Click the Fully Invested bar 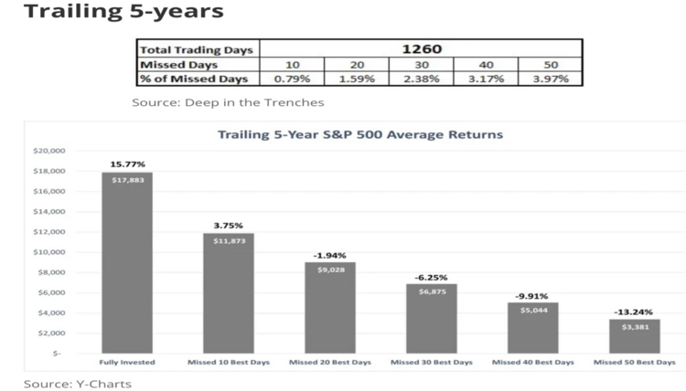[127, 262]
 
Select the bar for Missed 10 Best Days [229, 293]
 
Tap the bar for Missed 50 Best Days [635, 336]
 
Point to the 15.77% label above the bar [127, 164]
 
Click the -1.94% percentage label [329, 256]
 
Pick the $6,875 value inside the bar [433, 291]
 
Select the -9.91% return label [531, 296]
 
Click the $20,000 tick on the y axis [49, 151]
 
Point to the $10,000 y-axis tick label [49, 252]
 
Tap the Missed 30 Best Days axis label [432, 362]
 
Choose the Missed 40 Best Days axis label [533, 362]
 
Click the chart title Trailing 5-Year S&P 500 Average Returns [360, 134]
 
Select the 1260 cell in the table [422, 49]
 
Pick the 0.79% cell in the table [292, 79]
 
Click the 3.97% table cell [551, 79]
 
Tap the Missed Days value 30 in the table [422, 65]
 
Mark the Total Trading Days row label [196, 50]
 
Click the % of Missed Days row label [194, 79]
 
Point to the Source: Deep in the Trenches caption [228, 102]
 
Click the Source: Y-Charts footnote [78, 384]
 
